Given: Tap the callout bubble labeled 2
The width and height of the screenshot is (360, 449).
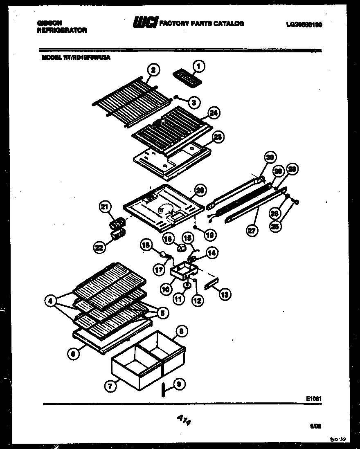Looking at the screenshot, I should [x=153, y=70].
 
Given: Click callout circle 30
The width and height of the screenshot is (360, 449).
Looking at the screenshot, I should [x=270, y=157].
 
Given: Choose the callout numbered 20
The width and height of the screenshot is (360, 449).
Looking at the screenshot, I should [x=200, y=190].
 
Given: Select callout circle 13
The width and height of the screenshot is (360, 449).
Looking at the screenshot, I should [x=225, y=294].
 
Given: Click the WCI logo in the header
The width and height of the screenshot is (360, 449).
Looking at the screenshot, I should [x=145, y=24].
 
